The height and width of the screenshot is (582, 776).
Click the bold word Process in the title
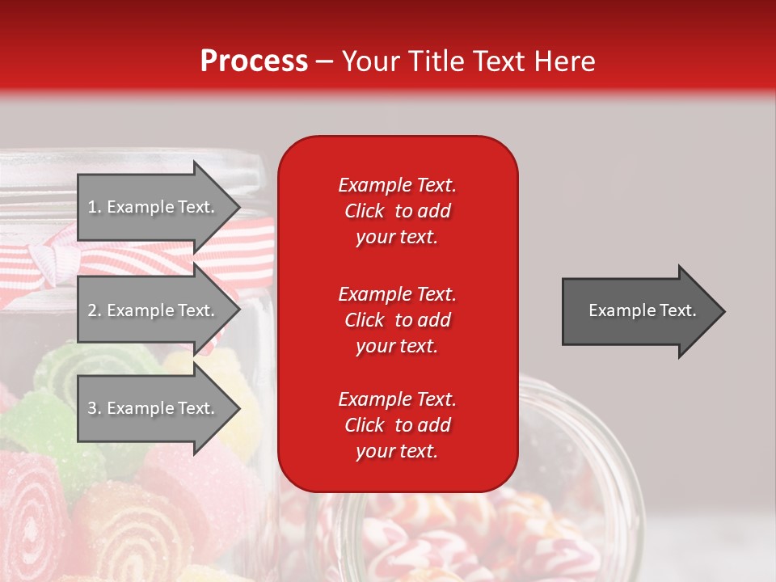point(254,61)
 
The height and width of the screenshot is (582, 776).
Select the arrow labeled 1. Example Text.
point(154,207)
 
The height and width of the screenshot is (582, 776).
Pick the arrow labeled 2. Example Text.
point(154,310)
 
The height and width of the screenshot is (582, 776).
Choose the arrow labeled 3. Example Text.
point(154,408)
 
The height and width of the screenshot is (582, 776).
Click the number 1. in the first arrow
point(95,207)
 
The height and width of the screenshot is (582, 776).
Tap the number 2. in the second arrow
point(95,310)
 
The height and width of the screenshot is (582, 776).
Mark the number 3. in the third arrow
point(95,408)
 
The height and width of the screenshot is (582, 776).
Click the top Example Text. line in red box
point(397,185)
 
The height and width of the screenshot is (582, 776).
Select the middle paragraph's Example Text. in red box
point(397,293)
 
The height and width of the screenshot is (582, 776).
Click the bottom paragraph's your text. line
point(397,452)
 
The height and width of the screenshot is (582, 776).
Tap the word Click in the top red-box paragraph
point(364,211)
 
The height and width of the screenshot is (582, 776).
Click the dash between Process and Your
point(324,61)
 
